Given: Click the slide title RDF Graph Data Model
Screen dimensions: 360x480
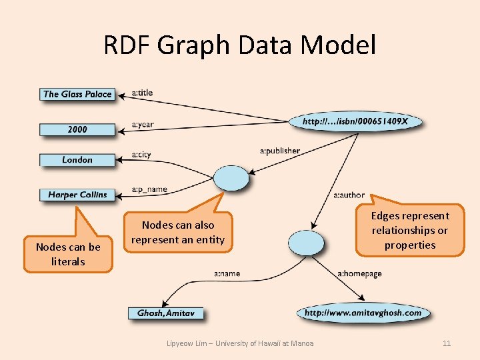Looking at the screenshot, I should click(x=240, y=45).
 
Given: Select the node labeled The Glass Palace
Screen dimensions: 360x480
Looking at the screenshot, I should click(x=77, y=94).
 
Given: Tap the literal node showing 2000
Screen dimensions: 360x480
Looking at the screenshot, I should click(x=77, y=129).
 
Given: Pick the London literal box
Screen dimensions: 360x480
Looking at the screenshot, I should click(x=77, y=160).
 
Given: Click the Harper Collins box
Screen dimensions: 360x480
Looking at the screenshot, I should click(x=77, y=195).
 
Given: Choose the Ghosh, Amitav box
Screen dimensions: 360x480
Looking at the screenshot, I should click(x=165, y=313).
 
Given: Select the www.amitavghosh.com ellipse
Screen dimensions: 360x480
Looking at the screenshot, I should click(x=363, y=313).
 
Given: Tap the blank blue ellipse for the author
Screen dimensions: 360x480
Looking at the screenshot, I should click(x=306, y=243).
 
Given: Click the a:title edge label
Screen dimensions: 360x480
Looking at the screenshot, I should click(x=143, y=93).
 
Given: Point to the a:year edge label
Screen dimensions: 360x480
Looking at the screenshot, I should click(x=143, y=125).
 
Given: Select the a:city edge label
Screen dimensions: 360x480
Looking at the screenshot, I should click(x=141, y=155).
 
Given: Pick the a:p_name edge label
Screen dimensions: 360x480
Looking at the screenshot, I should click(x=149, y=189).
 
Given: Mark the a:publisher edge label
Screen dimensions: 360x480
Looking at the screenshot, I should click(x=280, y=151).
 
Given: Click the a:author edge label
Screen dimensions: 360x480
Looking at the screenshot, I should click(x=349, y=195).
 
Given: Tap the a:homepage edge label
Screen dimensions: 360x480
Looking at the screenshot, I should click(x=360, y=273).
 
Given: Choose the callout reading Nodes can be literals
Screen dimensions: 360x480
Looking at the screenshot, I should click(x=69, y=254).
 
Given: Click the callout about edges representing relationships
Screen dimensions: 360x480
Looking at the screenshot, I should click(x=410, y=230).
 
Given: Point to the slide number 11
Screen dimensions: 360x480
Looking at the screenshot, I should click(x=447, y=343).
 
